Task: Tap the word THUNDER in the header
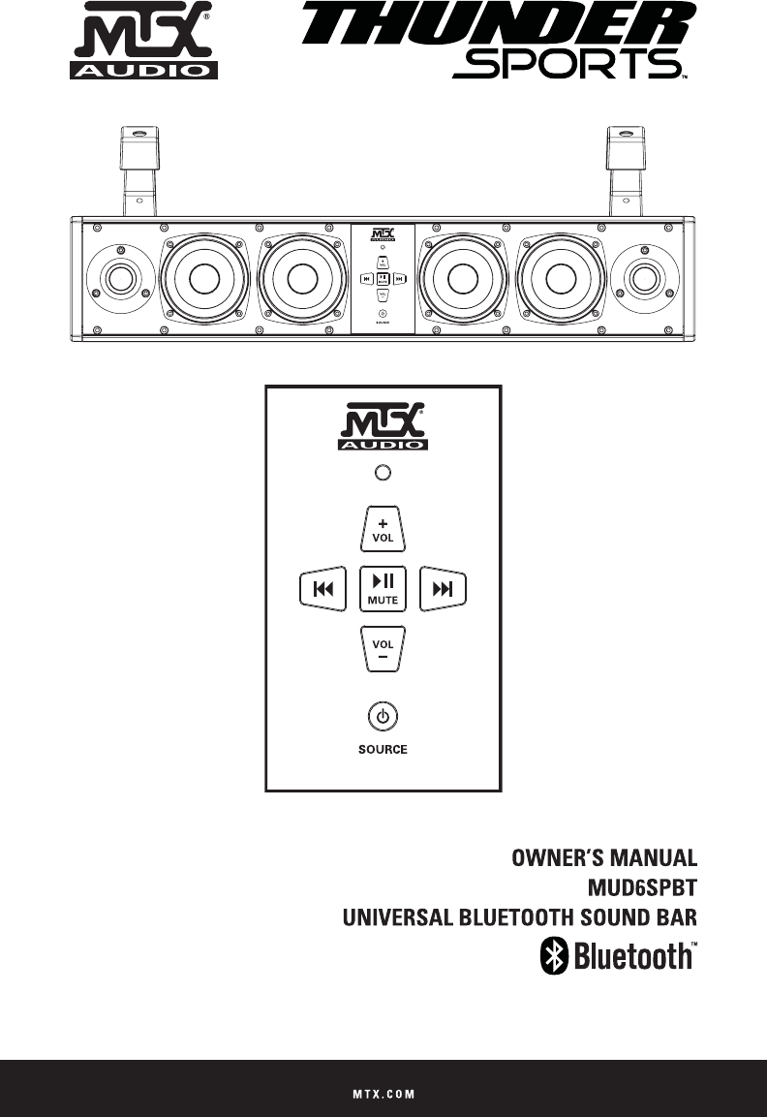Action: pyautogui.click(x=502, y=29)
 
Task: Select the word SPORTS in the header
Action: pyautogui.click(x=565, y=65)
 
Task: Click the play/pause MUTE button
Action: pyautogui.click(x=383, y=588)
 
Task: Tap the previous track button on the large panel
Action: pyautogui.click(x=322, y=588)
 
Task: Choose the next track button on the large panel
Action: pyautogui.click(x=444, y=588)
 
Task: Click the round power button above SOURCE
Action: pyautogui.click(x=383, y=718)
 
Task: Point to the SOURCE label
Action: pyautogui.click(x=383, y=749)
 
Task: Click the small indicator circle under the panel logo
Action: pyautogui.click(x=383, y=472)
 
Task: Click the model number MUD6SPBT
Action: pyautogui.click(x=643, y=886)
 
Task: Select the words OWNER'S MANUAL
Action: pyautogui.click(x=604, y=858)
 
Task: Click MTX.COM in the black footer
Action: pyautogui.click(x=383, y=1094)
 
